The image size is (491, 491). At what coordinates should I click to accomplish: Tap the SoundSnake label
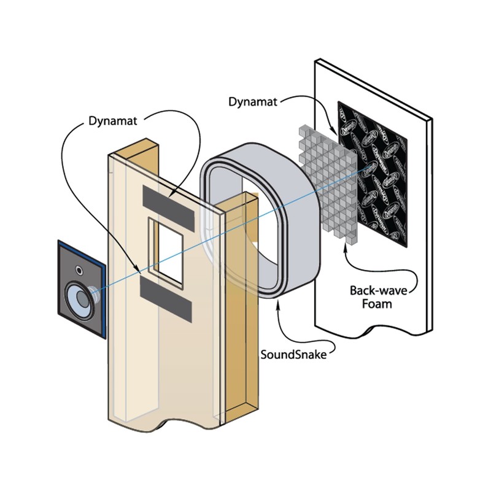click(297, 355)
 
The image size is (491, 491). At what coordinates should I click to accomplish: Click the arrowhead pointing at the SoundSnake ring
click(277, 298)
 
